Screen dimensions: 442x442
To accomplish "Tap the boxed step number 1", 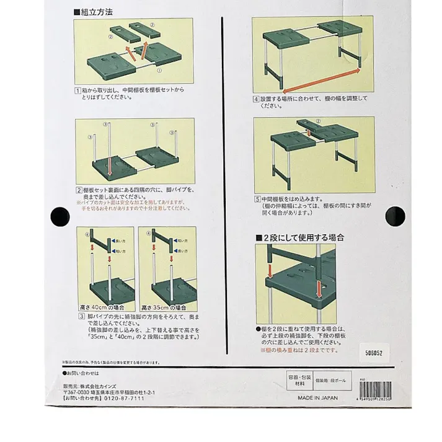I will pyautogui.click(x=79, y=90).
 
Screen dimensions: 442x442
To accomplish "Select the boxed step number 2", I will pyautogui.click(x=79, y=190).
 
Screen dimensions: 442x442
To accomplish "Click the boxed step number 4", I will pyautogui.click(x=255, y=99).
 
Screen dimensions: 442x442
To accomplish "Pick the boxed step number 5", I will pyautogui.click(x=255, y=198).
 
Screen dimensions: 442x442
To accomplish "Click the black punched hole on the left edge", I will pyautogui.click(x=60, y=216).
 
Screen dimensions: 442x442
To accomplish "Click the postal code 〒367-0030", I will pyautogui.click(x=79, y=392).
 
